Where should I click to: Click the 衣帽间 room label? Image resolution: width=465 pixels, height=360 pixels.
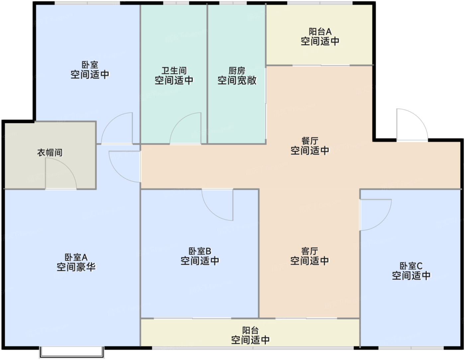(x=50, y=153)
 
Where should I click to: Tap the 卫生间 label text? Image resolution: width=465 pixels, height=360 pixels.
(x=174, y=71)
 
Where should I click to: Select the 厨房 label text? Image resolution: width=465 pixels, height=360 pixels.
(x=237, y=71)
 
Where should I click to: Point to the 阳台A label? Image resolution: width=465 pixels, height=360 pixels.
(x=320, y=32)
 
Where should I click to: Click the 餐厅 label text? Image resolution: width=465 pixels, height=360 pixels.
(x=310, y=141)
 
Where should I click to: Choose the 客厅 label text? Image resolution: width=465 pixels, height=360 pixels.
(x=310, y=251)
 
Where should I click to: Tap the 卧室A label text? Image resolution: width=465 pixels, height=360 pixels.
(x=76, y=257)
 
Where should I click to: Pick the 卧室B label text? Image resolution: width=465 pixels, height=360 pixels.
(x=200, y=251)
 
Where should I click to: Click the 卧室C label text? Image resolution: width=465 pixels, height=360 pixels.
(x=411, y=266)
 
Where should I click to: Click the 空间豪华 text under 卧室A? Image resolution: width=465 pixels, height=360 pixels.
(x=76, y=267)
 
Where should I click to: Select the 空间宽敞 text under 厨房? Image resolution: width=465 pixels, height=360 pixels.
(x=237, y=81)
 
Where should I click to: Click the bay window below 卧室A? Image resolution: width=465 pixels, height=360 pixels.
(x=72, y=352)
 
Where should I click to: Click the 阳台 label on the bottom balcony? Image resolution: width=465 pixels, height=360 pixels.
(x=250, y=330)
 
